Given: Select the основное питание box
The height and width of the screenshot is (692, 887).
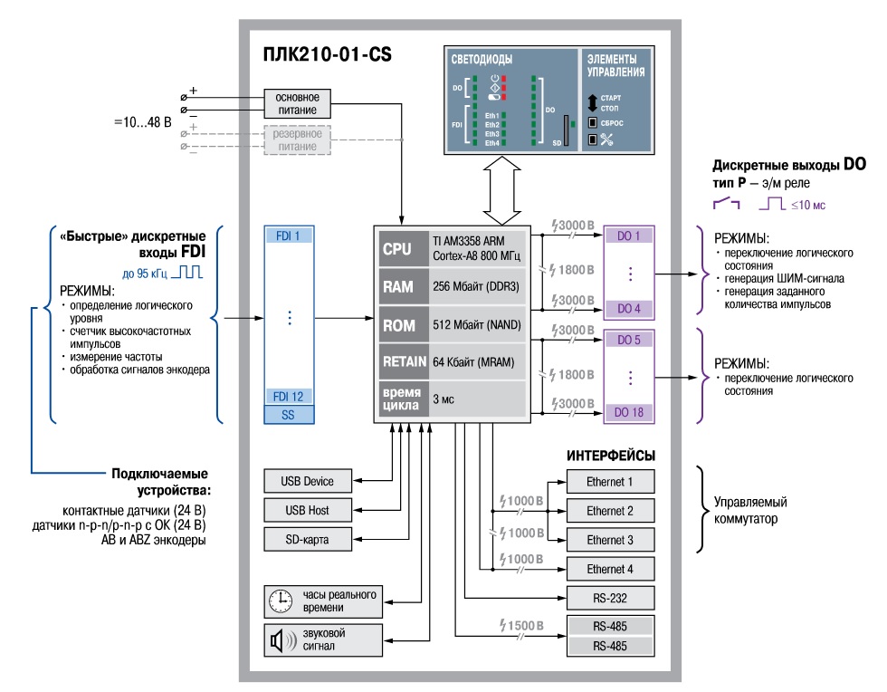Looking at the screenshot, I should [x=298, y=101].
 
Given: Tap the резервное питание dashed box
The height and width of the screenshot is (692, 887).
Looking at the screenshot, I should [x=298, y=139].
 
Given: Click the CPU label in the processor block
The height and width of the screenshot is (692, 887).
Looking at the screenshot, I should [x=397, y=247].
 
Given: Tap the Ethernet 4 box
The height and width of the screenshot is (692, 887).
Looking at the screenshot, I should [x=609, y=569].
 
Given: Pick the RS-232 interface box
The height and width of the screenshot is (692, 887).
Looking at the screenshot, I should [x=609, y=598].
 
